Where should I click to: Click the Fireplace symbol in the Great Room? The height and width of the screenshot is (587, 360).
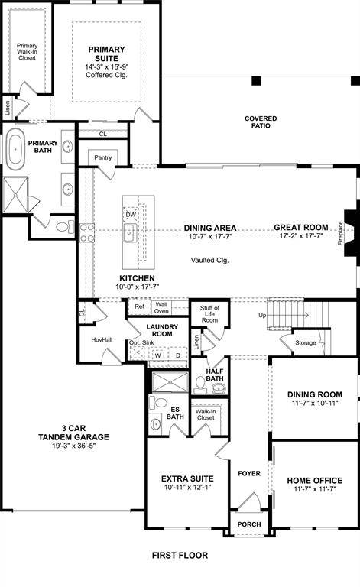click(350, 236)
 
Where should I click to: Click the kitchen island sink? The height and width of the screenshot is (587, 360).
click(130, 232)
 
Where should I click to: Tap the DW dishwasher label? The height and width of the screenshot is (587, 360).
click(131, 215)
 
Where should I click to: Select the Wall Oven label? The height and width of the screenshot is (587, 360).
click(162, 307)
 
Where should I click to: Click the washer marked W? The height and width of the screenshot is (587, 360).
click(157, 355)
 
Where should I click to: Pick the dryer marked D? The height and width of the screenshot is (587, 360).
click(178, 355)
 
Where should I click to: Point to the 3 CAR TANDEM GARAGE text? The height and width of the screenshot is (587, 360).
click(75, 433)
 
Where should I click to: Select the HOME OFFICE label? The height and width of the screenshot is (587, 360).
click(314, 481)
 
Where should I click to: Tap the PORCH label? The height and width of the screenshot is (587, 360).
click(248, 524)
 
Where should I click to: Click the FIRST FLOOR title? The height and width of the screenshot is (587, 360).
click(180, 556)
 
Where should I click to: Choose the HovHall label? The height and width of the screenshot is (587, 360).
click(102, 339)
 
